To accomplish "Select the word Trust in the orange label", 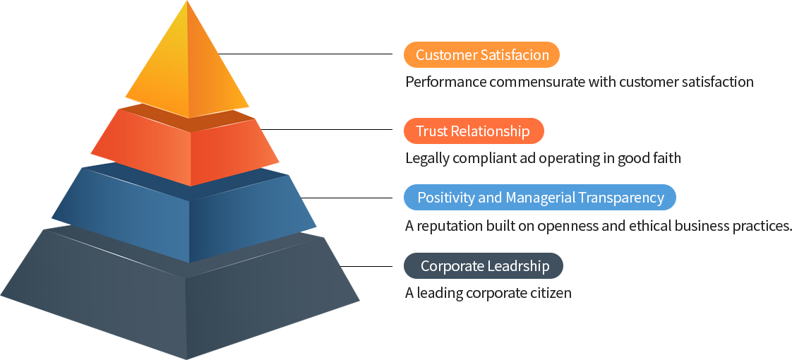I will pyautogui.click(x=433, y=131).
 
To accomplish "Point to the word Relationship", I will pyautogui.click(x=491, y=131).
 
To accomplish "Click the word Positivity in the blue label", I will pyautogui.click(x=445, y=198).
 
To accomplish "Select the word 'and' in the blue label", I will pyautogui.click(x=489, y=198).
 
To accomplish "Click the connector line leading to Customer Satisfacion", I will pyautogui.click(x=360, y=54).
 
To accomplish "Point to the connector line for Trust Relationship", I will pyautogui.click(x=360, y=129).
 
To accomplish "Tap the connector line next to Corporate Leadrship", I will pyautogui.click(x=376, y=266).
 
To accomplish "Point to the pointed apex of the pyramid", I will pyautogui.click(x=187, y=3).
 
